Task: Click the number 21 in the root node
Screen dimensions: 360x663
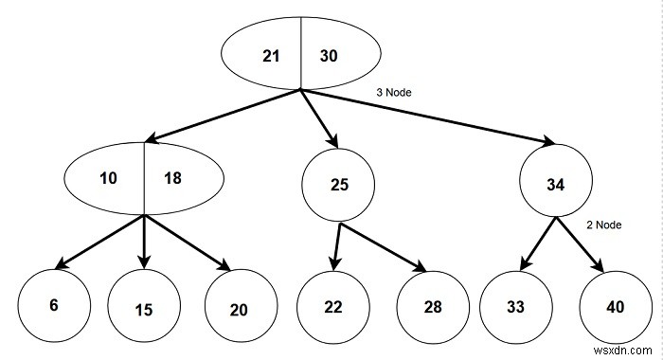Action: click(271, 56)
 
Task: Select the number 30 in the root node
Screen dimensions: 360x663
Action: click(328, 56)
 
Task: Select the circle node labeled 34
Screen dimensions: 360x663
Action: click(556, 185)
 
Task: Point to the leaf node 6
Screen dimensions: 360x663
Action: click(55, 306)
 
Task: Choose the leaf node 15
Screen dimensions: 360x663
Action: click(144, 310)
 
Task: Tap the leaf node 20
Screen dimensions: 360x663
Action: click(241, 308)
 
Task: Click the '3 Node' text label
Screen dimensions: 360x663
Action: click(396, 94)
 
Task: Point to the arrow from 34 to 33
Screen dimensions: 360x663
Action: click(535, 244)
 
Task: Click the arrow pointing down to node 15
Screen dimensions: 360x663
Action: click(144, 242)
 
